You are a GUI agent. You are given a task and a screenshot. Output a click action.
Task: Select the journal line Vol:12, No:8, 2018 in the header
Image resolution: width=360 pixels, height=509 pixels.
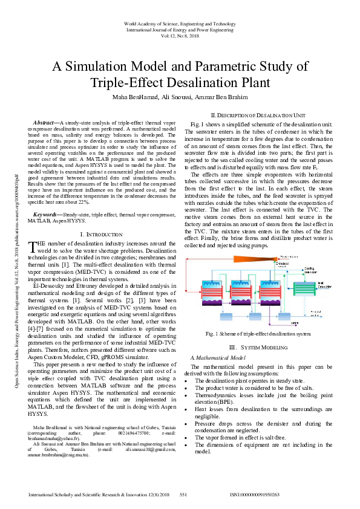(179, 36)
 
